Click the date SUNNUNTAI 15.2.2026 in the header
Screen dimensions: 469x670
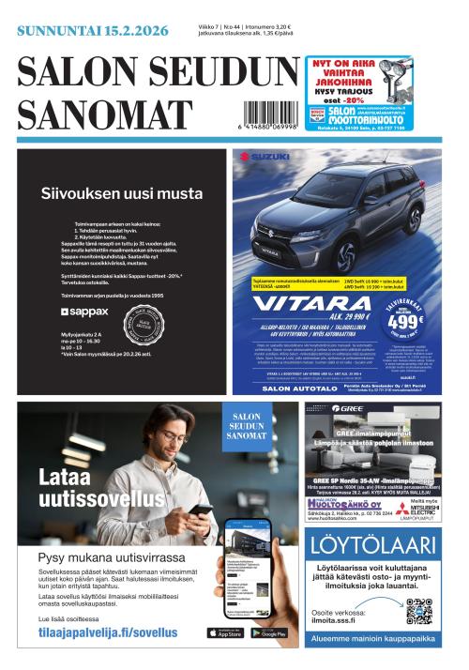(x=92, y=31)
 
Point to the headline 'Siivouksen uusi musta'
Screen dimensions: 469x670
(x=121, y=194)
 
